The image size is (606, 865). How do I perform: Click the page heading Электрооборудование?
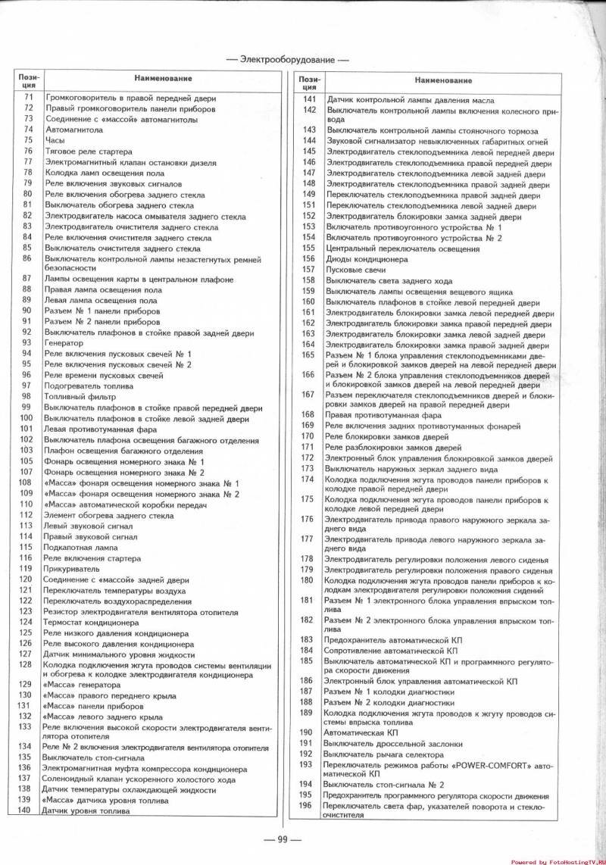(287, 59)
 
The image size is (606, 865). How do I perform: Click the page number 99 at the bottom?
(280, 838)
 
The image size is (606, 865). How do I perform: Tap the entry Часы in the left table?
(55, 140)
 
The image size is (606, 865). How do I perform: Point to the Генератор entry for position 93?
(66, 343)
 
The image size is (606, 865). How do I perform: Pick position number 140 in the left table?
(26, 810)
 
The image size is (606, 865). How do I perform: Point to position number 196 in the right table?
(306, 804)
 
